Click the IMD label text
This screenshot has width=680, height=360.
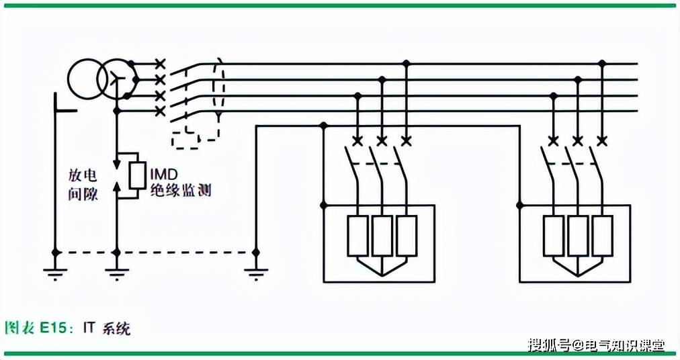click(x=164, y=175)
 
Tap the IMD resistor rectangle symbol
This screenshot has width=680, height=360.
click(x=137, y=175)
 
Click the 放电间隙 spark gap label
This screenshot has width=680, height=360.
click(x=83, y=185)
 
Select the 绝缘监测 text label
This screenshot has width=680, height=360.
click(x=181, y=190)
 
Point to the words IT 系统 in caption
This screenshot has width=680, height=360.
click(x=107, y=328)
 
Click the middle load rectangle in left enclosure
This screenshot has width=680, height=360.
click(x=382, y=236)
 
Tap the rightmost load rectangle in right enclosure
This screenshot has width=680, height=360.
click(x=602, y=236)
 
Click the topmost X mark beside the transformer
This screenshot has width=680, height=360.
click(x=161, y=64)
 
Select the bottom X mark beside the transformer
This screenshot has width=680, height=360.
click(x=161, y=111)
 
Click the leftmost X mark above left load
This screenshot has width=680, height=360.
click(x=357, y=140)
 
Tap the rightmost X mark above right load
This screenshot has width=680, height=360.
click(x=601, y=140)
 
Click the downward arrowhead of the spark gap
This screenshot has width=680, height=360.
click(x=116, y=165)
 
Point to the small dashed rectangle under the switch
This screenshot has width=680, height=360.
click(x=185, y=140)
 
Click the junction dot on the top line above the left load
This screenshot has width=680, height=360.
click(x=406, y=64)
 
